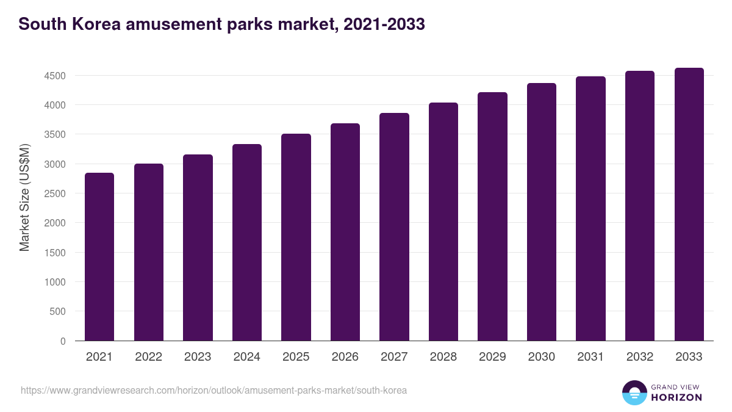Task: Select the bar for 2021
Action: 99,256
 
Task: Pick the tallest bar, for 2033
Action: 689,204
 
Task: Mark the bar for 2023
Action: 198,247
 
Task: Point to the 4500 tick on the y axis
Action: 54,76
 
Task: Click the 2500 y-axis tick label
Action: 54,193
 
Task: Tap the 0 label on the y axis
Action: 62,341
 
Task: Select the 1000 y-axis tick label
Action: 54,282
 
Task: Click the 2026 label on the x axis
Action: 345,357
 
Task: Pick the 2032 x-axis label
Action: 640,357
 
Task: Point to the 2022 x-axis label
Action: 149,357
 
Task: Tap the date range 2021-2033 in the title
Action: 384,24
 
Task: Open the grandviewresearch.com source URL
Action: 213,390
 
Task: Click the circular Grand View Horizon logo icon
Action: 634,392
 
